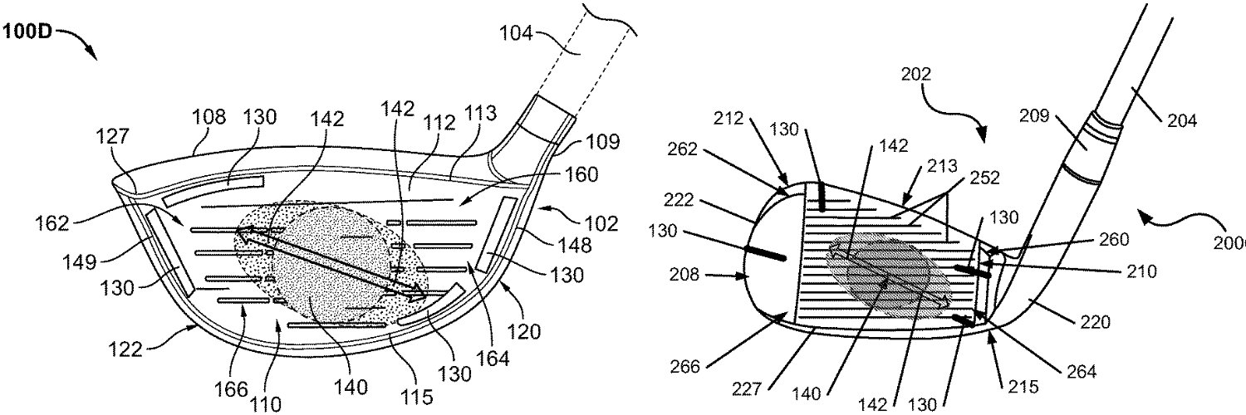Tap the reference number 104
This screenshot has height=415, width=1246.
pos(515,34)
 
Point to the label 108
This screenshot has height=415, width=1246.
pos(209,117)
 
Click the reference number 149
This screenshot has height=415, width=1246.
pos(79,261)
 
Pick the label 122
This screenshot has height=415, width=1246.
pos(125,349)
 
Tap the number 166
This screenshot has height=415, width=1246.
pos(231,389)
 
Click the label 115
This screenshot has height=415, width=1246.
pos(417,397)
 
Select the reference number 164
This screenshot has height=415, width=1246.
pos(493,359)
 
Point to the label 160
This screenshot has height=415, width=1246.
pos(581,175)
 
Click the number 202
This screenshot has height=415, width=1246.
pos(916,74)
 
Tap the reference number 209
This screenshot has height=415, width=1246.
pos(1034,115)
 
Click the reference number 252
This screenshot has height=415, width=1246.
pos(984,178)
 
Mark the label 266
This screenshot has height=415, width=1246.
pos(685,366)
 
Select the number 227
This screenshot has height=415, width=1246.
pos(747,389)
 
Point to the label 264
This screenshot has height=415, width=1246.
pos(1082,371)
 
